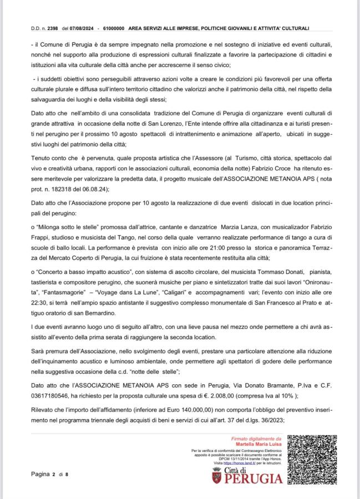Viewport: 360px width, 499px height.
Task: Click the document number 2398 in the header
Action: point(53,28)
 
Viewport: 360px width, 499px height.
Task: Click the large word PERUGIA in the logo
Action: point(249,477)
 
